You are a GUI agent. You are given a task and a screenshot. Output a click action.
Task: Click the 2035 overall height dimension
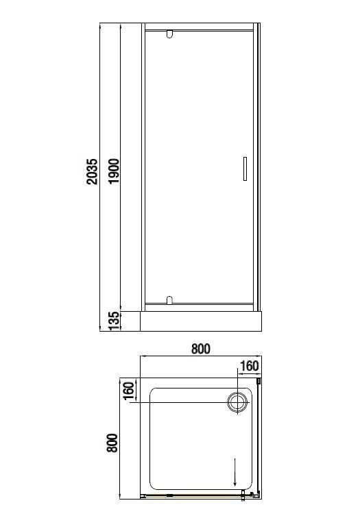93,171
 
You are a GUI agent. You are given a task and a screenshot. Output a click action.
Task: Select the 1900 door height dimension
113,171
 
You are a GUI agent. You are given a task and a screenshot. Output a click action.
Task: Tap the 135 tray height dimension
113,321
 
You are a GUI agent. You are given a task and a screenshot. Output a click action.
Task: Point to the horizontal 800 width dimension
201,349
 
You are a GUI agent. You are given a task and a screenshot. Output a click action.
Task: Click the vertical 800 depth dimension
112,443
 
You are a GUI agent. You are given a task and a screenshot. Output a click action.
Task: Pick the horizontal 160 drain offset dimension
249,366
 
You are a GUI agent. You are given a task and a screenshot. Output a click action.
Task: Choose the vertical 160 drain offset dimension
129,391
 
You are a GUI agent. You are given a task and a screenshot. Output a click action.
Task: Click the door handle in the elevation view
245,169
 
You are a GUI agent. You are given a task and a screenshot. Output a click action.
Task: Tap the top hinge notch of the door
169,34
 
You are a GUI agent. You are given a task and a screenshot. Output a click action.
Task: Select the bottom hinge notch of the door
169,300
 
